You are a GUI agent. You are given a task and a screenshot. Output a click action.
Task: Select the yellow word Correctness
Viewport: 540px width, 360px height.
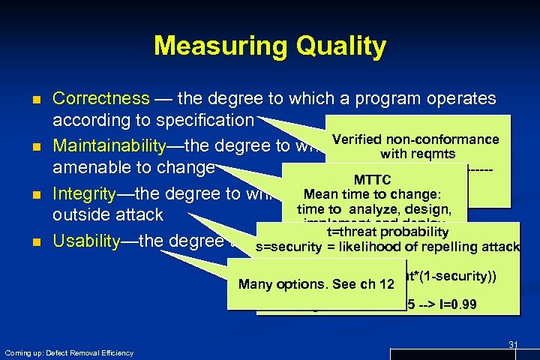coord(101,99)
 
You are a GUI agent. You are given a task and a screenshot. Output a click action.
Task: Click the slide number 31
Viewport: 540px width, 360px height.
coord(513,344)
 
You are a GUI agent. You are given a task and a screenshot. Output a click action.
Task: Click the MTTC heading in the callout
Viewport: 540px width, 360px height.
coord(372,181)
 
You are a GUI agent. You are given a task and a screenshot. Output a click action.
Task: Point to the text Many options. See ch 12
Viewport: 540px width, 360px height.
coord(316,284)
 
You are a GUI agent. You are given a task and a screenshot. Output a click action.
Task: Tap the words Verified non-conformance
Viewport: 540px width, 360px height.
coord(415,139)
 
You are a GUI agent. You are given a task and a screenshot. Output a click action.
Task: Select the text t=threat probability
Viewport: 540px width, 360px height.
coord(388,232)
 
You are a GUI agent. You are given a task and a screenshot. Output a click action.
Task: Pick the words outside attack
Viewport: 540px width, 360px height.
coord(107,214)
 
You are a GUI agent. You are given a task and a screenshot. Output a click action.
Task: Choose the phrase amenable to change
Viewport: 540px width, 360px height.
coord(133,166)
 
